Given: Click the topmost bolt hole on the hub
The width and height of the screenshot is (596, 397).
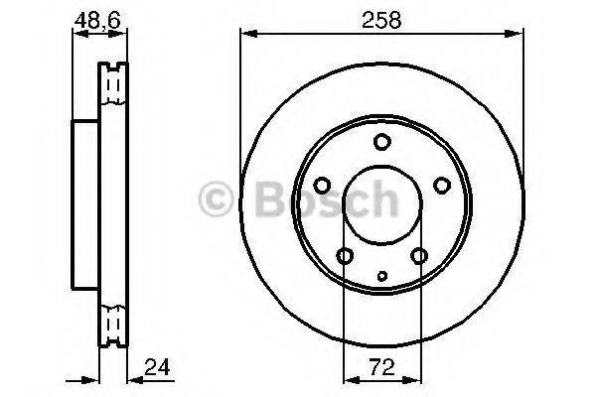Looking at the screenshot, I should pyautogui.click(x=381, y=142).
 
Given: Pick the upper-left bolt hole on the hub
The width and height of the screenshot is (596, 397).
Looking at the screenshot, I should pyautogui.click(x=323, y=185).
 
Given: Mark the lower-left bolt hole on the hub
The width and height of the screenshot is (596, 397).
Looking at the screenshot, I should pyautogui.click(x=345, y=257).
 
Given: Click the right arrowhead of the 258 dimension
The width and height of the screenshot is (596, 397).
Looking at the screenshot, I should pyautogui.click(x=518, y=35).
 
